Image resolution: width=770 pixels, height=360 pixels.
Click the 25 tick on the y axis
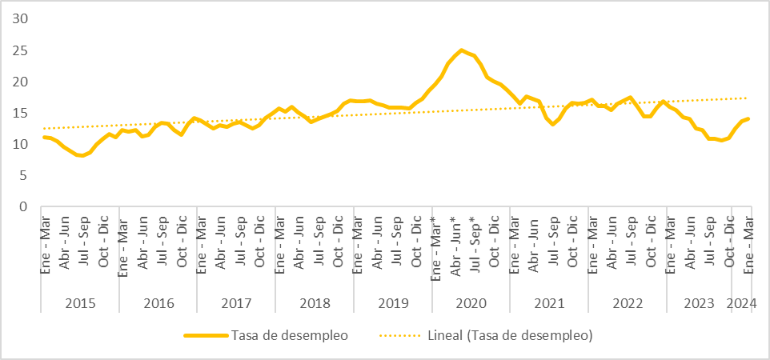point(22,50)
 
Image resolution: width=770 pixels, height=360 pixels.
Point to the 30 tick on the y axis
point(22,19)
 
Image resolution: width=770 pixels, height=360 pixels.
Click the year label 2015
point(80,303)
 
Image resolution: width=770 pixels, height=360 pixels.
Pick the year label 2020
point(471,303)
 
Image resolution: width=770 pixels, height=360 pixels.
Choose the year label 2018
point(315,303)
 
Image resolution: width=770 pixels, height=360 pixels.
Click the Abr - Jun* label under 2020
point(455,243)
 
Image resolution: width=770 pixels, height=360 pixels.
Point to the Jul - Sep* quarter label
point(474,243)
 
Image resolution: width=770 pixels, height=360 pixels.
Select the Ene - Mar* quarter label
point(435,243)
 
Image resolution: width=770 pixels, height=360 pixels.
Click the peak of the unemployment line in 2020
point(462,50)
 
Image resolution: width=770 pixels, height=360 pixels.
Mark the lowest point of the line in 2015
point(82,155)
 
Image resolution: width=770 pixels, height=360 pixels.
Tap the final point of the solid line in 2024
point(748,118)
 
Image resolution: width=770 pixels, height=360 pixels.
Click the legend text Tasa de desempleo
point(289,335)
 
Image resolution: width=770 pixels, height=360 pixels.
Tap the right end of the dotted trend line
point(748,98)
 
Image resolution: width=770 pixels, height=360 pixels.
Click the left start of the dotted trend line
point(44,128)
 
